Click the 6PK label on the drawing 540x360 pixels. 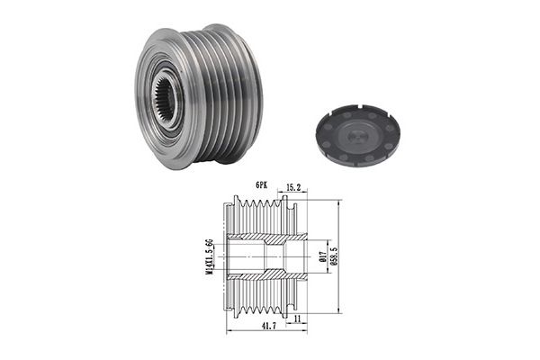[x=261, y=185]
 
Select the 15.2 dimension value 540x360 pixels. [x=293, y=187]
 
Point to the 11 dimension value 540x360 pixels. [x=298, y=319]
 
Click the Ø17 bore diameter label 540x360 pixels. [x=323, y=256]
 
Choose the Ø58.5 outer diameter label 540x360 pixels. [x=333, y=256]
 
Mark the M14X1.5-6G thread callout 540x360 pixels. [x=209, y=256]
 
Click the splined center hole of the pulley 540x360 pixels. [x=164, y=97]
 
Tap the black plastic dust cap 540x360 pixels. [x=358, y=135]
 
